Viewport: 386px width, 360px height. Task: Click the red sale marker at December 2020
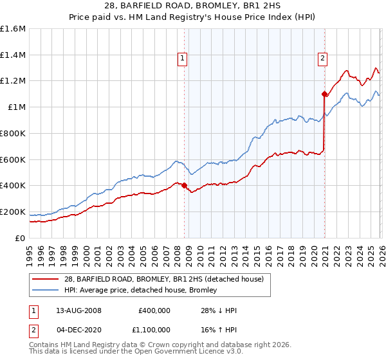(324, 94)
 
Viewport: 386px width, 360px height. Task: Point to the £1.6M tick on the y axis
(13, 29)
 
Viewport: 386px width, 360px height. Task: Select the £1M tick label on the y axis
(17, 107)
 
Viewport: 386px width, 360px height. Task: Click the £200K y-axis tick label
(13, 212)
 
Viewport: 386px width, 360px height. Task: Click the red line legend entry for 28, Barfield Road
(163, 278)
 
